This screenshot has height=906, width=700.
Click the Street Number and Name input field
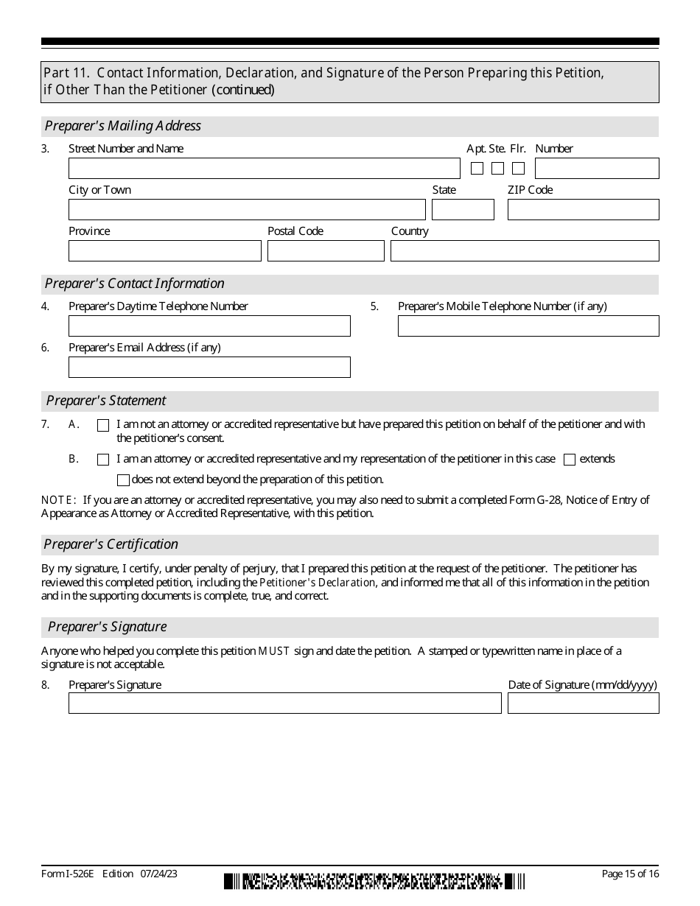click(x=264, y=169)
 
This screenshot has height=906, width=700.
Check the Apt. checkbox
click(x=477, y=169)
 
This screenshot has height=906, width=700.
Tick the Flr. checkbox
click(x=519, y=169)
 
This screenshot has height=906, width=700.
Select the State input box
click(x=463, y=210)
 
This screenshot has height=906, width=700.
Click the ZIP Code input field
click(x=583, y=210)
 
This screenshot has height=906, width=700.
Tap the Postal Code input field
click(x=326, y=251)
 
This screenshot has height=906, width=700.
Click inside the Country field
click(x=525, y=251)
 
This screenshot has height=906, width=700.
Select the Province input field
click(x=164, y=251)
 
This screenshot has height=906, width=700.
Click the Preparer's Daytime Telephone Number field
click(x=209, y=326)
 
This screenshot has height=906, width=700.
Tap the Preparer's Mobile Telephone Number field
click(x=528, y=326)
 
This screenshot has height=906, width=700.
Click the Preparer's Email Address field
click(x=209, y=368)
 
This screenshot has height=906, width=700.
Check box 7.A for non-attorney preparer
click(x=103, y=425)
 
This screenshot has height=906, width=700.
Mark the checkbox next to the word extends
click(x=570, y=460)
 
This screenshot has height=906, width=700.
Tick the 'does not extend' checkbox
click(x=123, y=480)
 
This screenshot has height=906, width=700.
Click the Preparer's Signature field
click(x=284, y=703)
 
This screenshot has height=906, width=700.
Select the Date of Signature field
click(x=583, y=703)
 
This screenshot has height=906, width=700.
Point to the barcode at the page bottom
click(x=374, y=881)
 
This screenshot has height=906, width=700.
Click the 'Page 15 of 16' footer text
click(x=630, y=874)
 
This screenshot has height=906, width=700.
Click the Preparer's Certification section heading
click(x=111, y=544)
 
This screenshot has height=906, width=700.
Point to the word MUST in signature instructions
click(x=274, y=651)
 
